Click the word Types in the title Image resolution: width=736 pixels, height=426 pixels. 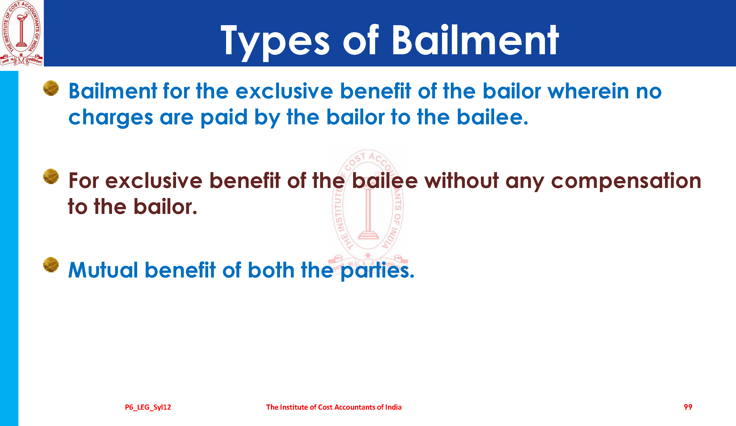pyautogui.click(x=275, y=42)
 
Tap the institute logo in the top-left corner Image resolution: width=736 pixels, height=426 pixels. pyautogui.click(x=21, y=33)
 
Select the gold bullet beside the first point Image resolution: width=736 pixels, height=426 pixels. pyautogui.click(x=51, y=88)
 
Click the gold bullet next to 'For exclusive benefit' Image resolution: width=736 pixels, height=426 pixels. pyautogui.click(x=51, y=176)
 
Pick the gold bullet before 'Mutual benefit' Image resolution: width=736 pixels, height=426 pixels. pyautogui.click(x=51, y=265)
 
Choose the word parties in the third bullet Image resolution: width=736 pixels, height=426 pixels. pyautogui.click(x=377, y=271)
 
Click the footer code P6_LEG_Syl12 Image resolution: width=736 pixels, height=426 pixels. pyautogui.click(x=148, y=407)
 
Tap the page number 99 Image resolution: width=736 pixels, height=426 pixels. pyautogui.click(x=688, y=407)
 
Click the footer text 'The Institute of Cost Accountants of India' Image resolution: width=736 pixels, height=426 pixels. pyautogui.click(x=334, y=407)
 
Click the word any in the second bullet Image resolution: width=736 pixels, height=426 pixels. pyautogui.click(x=525, y=183)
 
